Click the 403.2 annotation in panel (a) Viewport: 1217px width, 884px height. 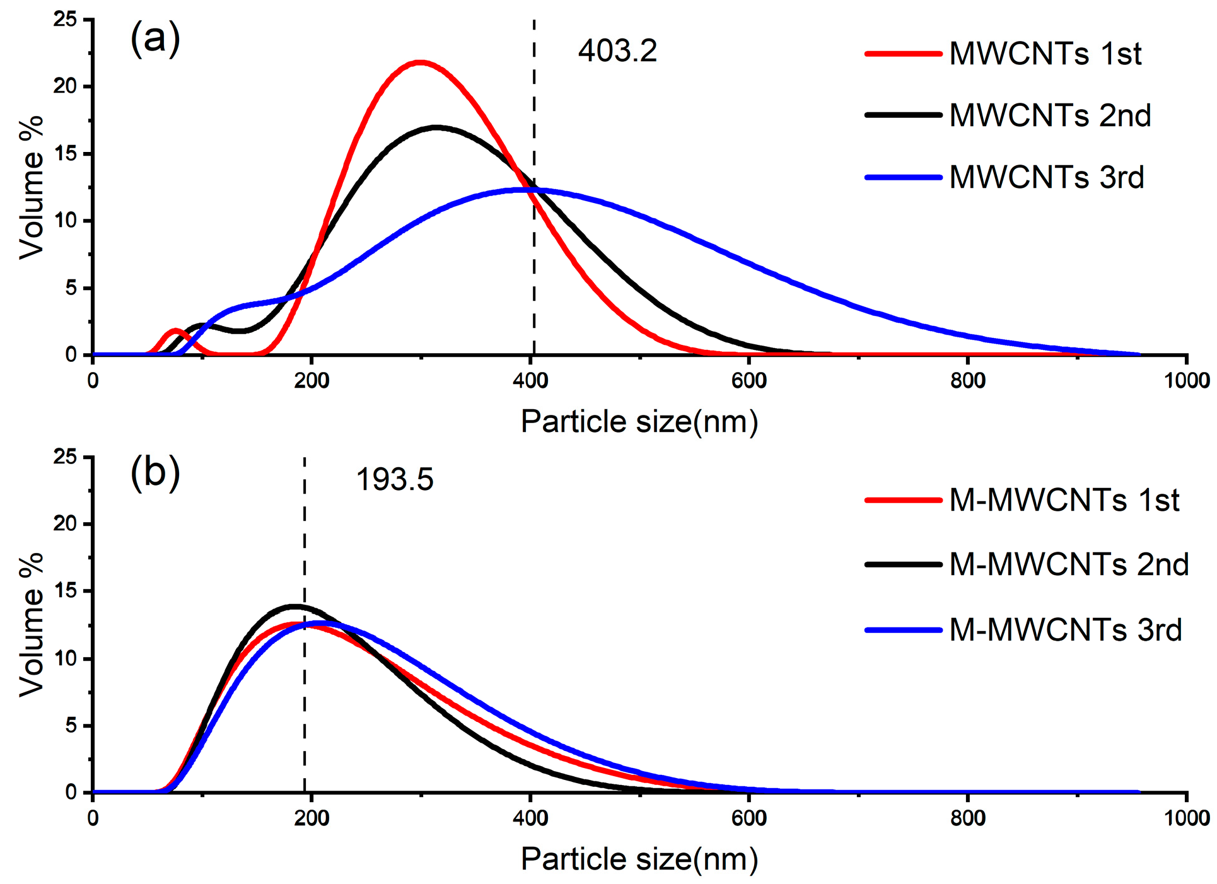point(617,50)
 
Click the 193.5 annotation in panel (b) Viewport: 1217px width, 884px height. point(395,479)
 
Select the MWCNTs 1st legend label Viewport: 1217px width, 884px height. point(1045,54)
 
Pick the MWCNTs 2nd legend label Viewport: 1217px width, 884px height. point(1050,115)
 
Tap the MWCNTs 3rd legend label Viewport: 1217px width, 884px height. point(1046,177)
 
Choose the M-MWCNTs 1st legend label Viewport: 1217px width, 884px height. point(1064,500)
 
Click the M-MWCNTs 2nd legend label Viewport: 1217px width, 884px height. point(1069,564)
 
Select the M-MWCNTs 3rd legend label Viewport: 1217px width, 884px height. point(1065,629)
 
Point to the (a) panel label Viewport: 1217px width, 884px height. point(155,39)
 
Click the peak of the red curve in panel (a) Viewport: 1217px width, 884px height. point(420,62)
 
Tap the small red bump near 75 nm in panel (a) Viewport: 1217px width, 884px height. point(175,330)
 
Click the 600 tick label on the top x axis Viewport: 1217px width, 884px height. point(748,381)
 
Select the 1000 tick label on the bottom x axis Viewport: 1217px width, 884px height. point(1186,818)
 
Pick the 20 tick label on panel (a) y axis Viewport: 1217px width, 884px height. point(65,86)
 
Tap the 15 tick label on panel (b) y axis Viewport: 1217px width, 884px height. point(65,591)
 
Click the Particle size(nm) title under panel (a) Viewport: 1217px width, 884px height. point(639,421)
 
